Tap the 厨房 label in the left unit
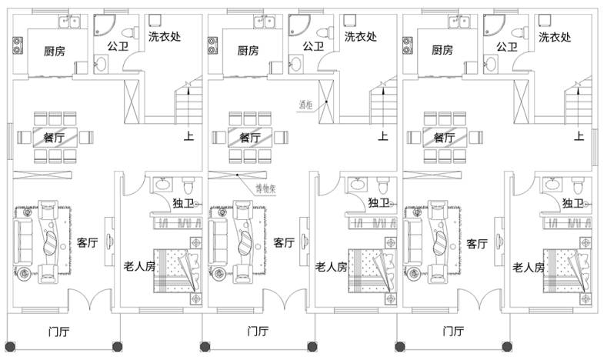click(53, 50)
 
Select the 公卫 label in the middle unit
click(312, 46)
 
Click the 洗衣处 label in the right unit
click(555, 36)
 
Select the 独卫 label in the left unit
click(183, 203)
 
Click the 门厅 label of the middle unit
click(258, 332)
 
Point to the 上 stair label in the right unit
click(579, 137)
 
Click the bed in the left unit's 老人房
click(175, 270)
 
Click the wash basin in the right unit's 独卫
click(552, 185)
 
